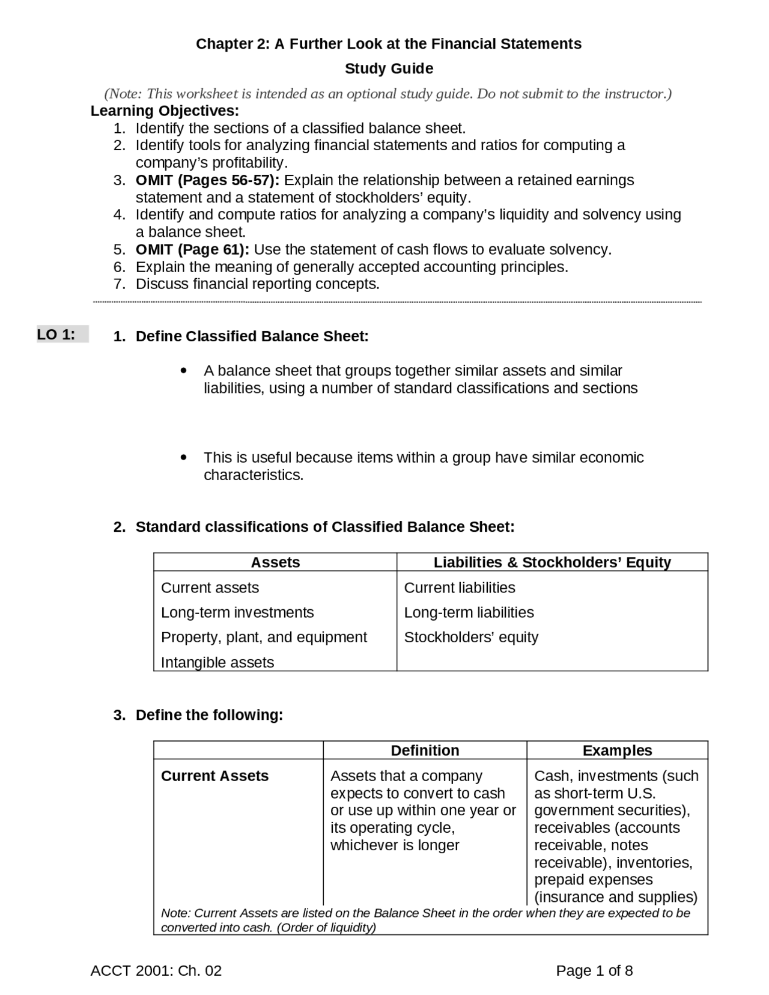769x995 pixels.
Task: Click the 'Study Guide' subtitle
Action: (389, 68)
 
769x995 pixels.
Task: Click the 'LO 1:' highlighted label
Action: (56, 335)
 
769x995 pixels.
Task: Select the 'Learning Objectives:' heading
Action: (165, 111)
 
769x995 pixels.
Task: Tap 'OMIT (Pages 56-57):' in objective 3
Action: (207, 180)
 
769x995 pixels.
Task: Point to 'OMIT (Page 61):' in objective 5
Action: (192, 249)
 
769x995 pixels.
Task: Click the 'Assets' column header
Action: (275, 562)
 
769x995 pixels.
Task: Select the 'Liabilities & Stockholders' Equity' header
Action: (552, 562)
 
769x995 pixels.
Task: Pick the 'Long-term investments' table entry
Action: (237, 612)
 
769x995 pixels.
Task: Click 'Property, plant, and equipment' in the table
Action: (264, 637)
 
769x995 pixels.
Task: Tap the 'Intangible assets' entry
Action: (217, 662)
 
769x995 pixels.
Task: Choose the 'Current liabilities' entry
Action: (460, 588)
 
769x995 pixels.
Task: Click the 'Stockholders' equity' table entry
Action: (471, 637)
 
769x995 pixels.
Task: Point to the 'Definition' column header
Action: (425, 750)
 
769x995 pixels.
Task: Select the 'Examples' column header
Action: (617, 750)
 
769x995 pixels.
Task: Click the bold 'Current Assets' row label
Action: (214, 776)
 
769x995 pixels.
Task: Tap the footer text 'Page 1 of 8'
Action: (594, 971)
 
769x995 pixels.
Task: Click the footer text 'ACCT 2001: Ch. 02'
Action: (156, 971)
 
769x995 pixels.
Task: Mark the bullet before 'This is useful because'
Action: (184, 458)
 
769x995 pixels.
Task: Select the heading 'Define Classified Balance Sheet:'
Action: (252, 336)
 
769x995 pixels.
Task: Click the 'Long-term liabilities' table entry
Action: (469, 612)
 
